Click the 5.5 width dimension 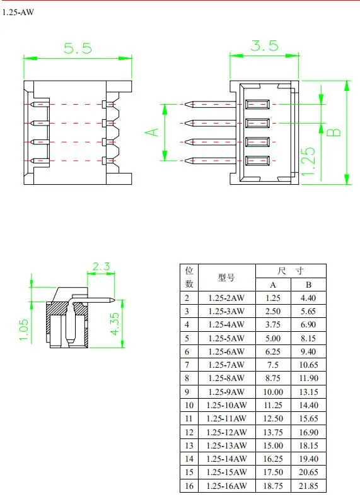[x=78, y=49]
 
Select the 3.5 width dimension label [x=264, y=47]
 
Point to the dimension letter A [x=152, y=132]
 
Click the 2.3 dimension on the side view [x=102, y=267]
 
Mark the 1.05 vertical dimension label [x=24, y=330]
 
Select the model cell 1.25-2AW [x=227, y=298]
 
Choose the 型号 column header [x=227, y=278]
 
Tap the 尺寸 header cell [x=291, y=271]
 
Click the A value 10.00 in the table [x=272, y=392]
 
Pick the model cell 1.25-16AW [x=227, y=486]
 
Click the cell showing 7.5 [x=272, y=365]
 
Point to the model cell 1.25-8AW [x=227, y=379]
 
